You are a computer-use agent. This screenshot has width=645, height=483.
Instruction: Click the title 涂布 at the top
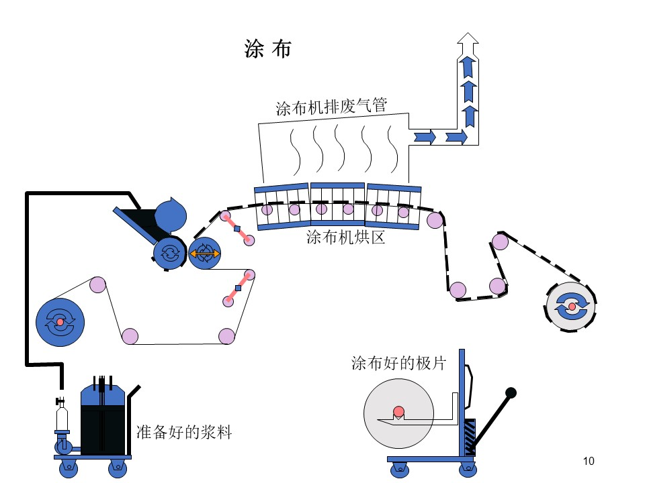coord(268,49)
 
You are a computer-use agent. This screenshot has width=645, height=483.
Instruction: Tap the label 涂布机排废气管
coord(331,107)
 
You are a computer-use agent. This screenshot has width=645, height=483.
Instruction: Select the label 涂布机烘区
coord(345,237)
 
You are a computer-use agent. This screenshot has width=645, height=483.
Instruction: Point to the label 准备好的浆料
coord(184,432)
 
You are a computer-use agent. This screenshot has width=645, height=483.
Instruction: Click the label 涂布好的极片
coord(398,363)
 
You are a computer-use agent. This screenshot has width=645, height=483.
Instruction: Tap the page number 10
coord(589,462)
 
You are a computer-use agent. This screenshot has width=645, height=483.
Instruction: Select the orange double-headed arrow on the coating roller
coord(204,254)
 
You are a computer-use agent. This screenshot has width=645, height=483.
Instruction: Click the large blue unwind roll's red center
coord(60,322)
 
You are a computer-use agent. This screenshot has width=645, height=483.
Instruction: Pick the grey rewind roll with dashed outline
coord(571,307)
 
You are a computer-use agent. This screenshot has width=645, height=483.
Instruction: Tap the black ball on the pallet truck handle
coord(511,393)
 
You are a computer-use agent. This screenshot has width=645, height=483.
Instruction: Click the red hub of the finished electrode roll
coord(398,411)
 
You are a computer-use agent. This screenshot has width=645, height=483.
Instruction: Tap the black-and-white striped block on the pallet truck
coord(470,437)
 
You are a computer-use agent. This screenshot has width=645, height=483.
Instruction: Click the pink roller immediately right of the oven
coord(435,220)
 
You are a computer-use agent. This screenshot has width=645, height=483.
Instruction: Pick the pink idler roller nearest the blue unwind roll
coord(97,284)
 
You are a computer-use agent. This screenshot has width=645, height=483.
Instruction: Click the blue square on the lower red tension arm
coord(238,288)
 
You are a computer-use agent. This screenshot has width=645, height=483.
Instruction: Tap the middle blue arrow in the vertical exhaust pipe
coord(468,91)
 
